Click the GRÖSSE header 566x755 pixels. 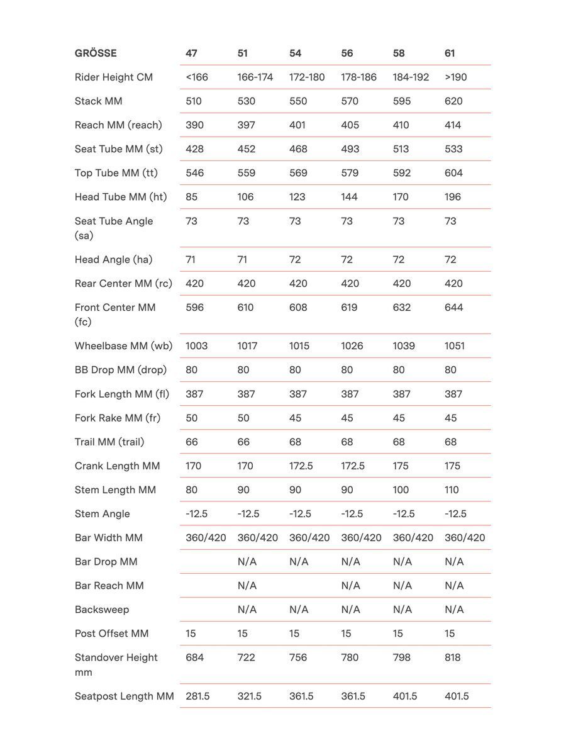pos(96,53)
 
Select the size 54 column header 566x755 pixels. pos(295,53)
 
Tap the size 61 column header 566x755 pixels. pos(450,53)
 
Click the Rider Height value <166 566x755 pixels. pos(197,77)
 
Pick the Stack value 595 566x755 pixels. pos(402,101)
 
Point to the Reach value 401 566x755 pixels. pos(297,125)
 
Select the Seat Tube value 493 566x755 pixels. pos(350,149)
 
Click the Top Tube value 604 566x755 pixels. pos(453,173)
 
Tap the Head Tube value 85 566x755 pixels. pos(192,197)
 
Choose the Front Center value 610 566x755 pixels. pos(246,308)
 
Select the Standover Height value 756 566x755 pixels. pos(298,657)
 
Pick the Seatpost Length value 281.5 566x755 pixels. pos(197,696)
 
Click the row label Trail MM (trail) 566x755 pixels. pos(109,442)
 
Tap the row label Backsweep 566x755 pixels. pos(102,610)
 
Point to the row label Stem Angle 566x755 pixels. pos(103,514)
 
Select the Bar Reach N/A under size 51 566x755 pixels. pos(247,586)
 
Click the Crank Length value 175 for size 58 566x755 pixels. pos(401,466)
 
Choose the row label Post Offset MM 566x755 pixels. pos(112,634)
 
